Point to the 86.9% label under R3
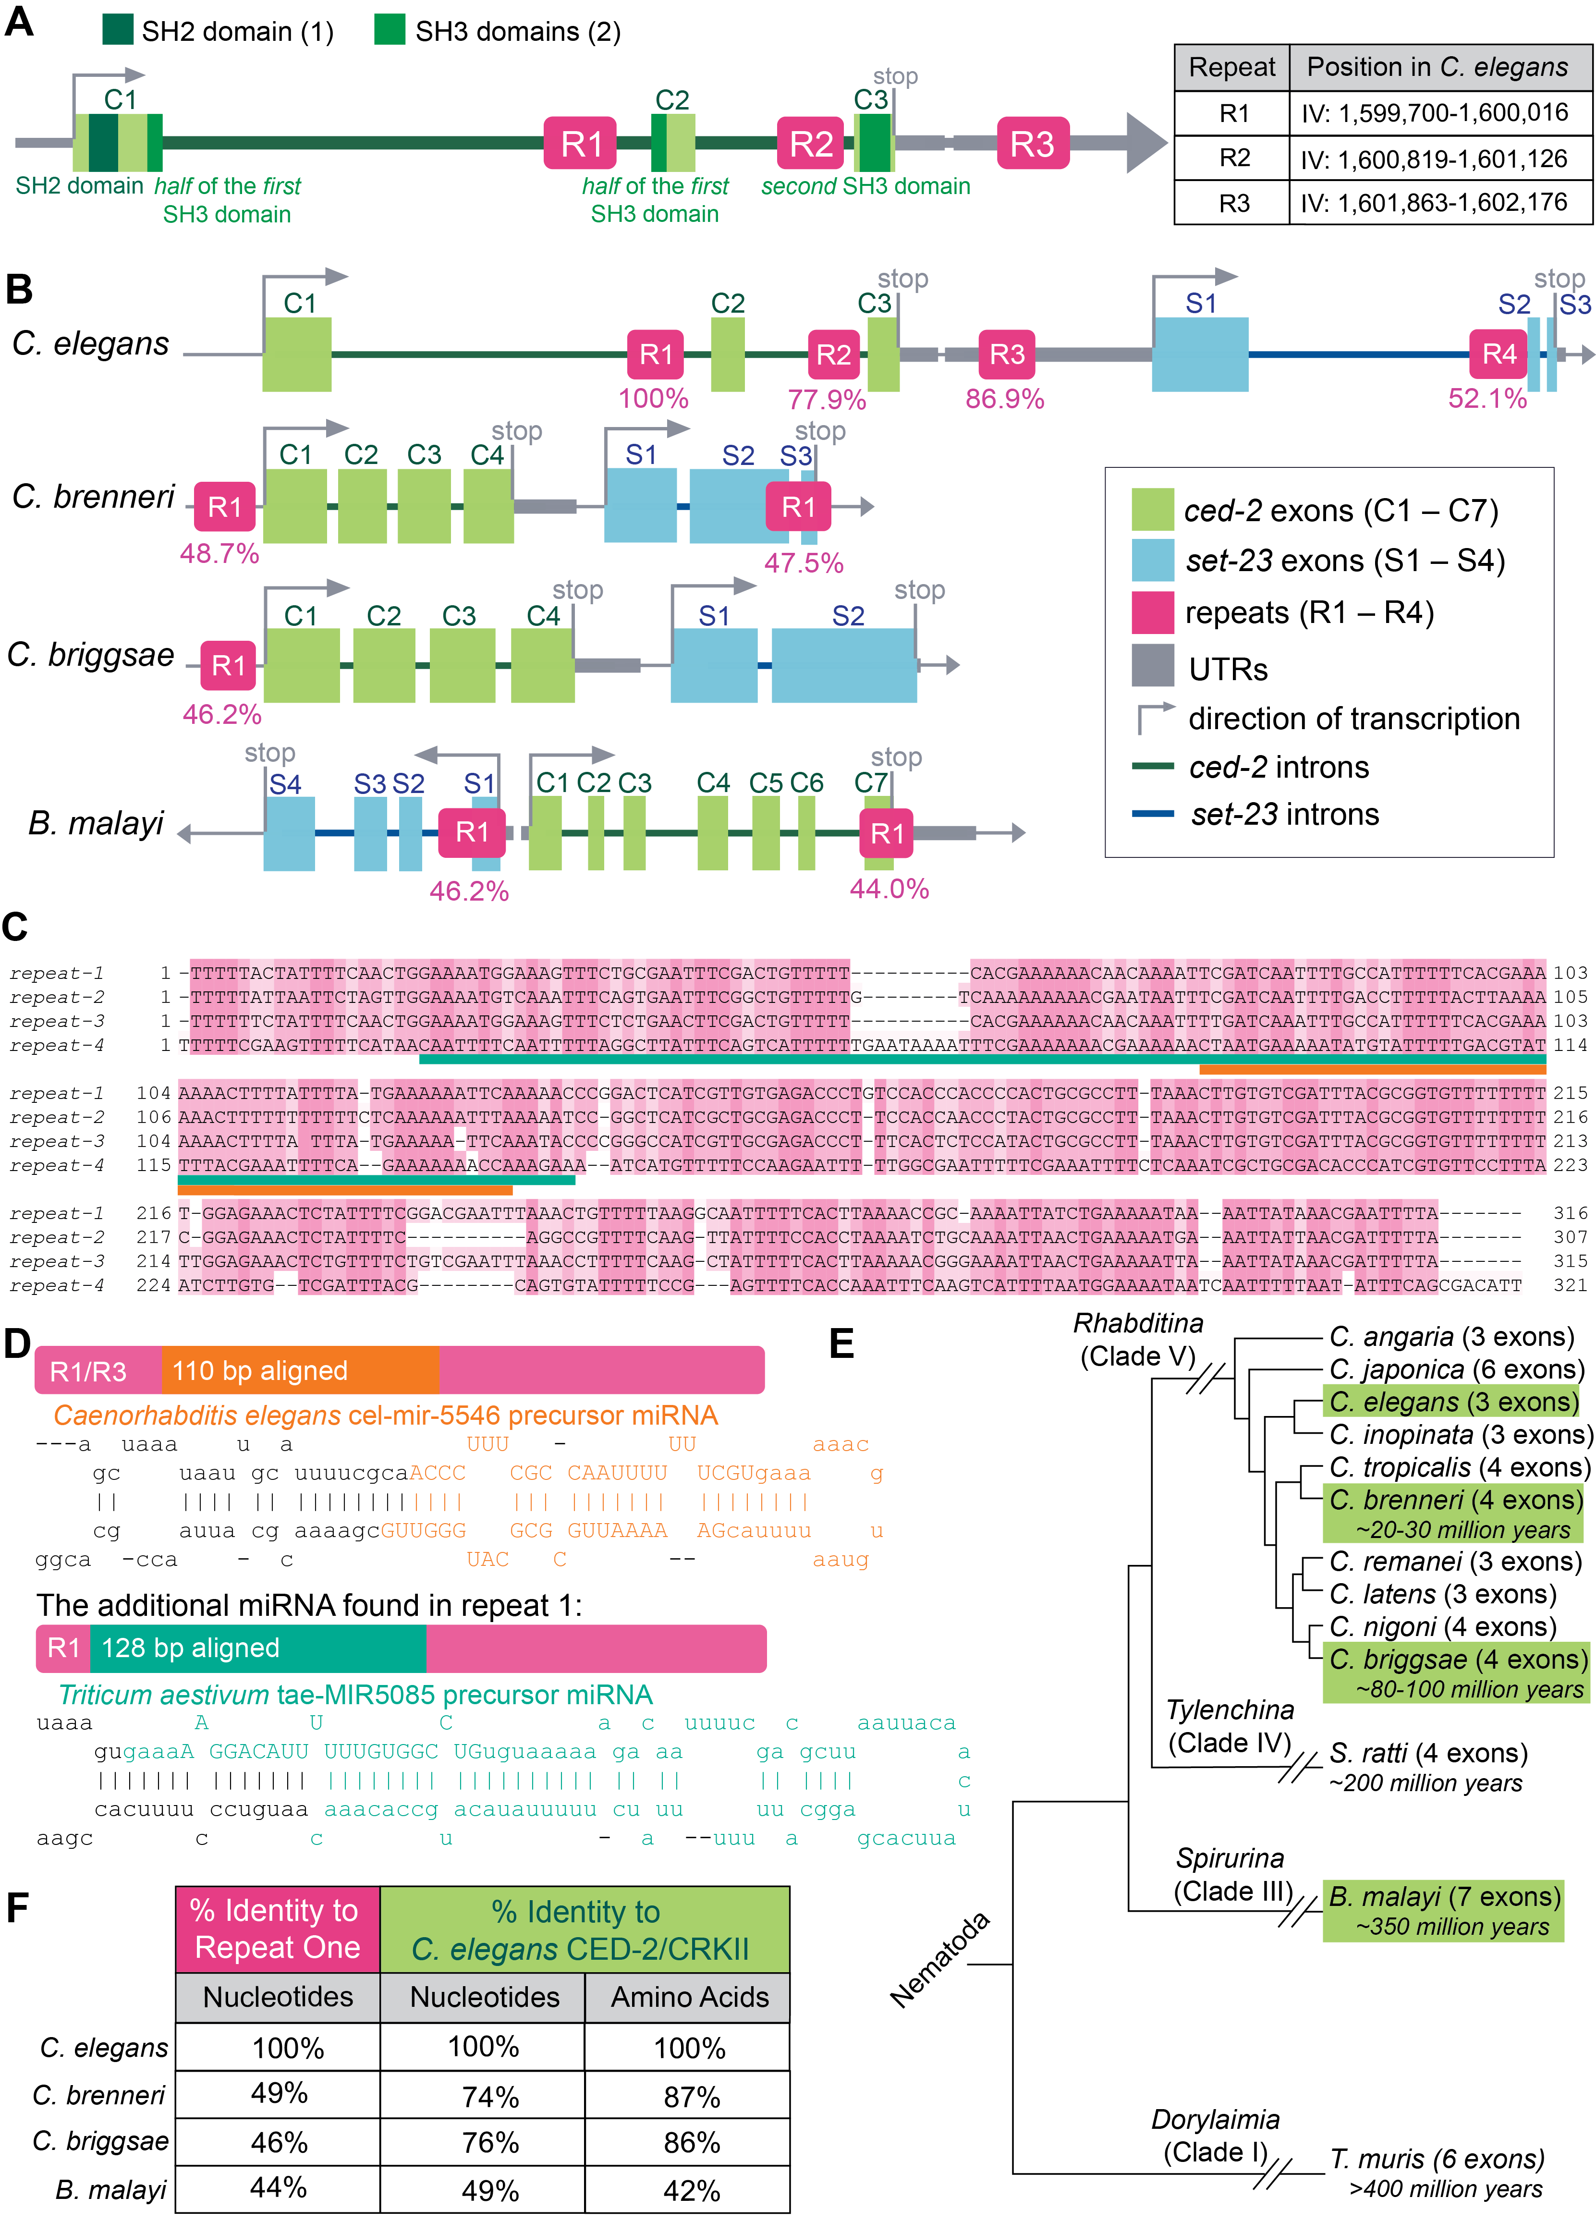[x=1004, y=399]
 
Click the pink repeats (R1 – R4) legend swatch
[x=1153, y=612]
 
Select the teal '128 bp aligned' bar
[x=257, y=1648]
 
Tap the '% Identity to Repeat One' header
[x=277, y=1929]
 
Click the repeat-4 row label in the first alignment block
[x=57, y=1045]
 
